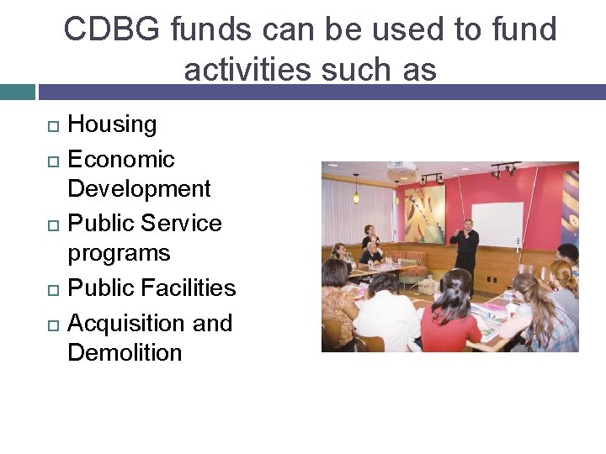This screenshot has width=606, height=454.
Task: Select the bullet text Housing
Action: (x=112, y=124)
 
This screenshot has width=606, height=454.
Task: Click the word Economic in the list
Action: (x=120, y=159)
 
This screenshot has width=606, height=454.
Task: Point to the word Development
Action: (x=139, y=188)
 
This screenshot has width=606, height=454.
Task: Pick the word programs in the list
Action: (x=119, y=253)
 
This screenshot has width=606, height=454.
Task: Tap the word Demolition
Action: (x=125, y=352)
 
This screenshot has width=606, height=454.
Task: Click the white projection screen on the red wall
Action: (x=497, y=224)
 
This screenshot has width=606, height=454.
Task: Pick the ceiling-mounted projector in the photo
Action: (x=402, y=167)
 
